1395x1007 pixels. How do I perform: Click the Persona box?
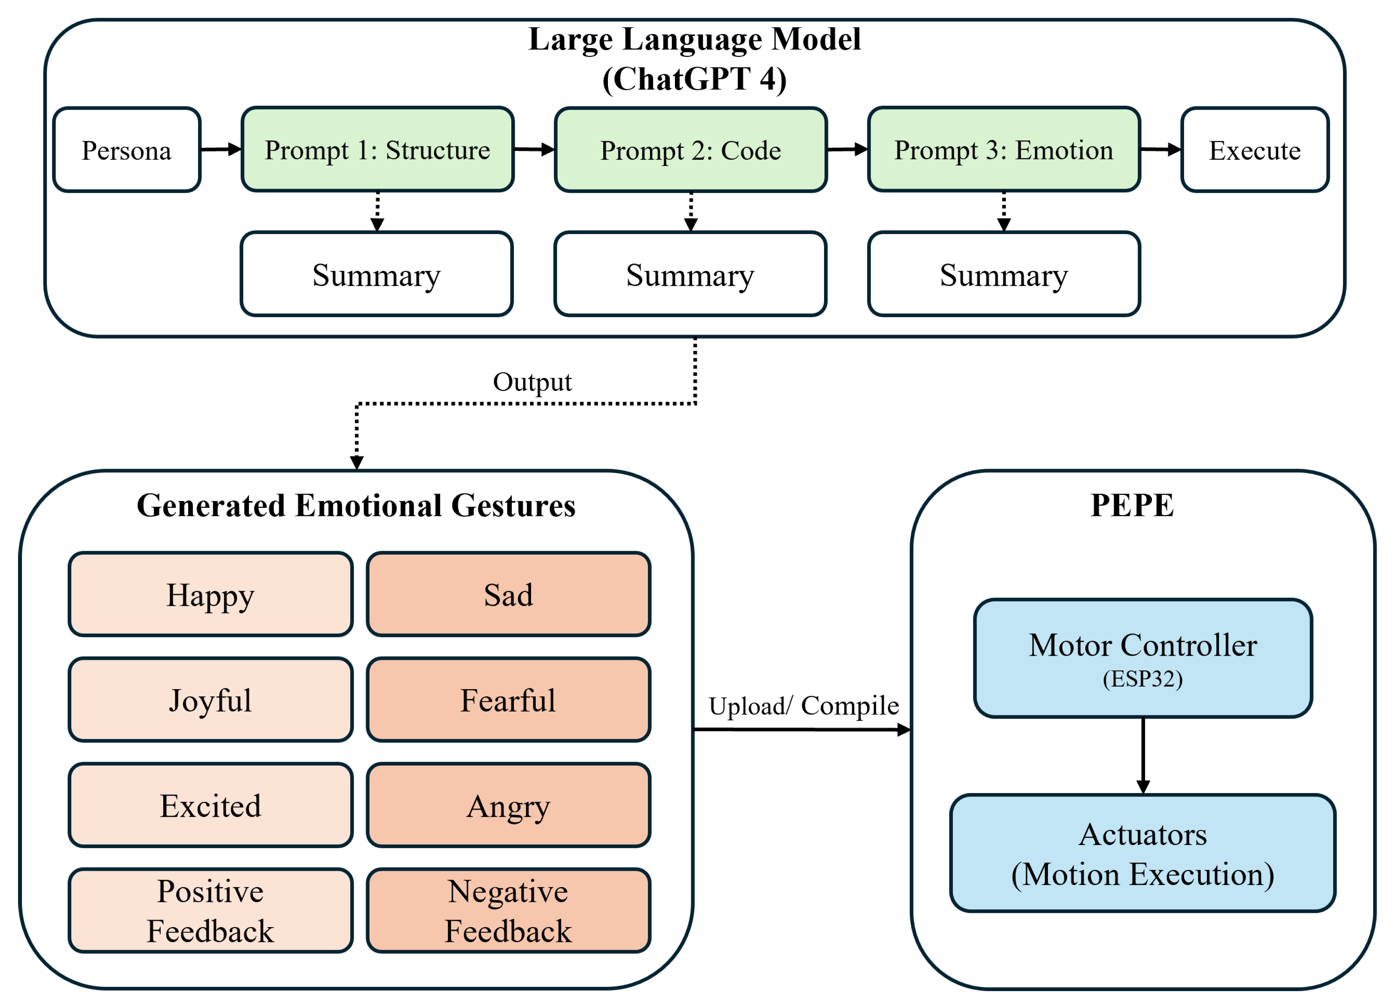127,150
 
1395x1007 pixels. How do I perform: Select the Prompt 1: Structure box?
377,150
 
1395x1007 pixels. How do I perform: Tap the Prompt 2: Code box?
690,150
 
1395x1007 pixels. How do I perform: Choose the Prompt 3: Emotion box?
1003,150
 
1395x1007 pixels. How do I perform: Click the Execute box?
1255,150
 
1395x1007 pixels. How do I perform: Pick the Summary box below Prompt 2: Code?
690,275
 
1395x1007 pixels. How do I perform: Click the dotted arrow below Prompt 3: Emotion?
1004,212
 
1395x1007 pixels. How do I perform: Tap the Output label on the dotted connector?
532,382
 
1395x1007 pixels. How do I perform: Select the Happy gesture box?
211,594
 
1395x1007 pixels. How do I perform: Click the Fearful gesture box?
508,700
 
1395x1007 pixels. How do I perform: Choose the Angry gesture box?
508,805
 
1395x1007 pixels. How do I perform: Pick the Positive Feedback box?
211,910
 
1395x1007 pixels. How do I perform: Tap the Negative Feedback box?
508,910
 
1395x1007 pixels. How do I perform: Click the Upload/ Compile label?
803,705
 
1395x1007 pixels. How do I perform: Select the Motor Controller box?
1143,646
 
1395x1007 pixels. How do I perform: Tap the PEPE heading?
1132,506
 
